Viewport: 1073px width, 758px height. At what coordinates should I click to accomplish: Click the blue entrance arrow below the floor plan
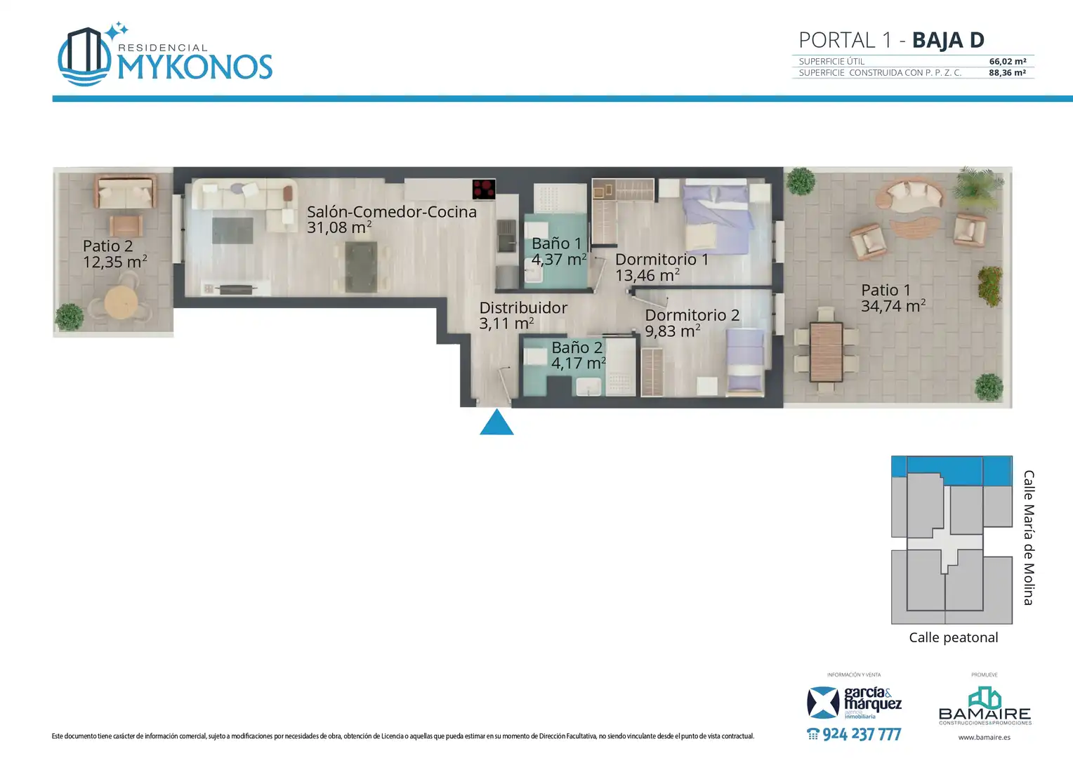click(496, 422)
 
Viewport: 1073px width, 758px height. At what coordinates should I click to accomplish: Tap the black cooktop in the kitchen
click(484, 189)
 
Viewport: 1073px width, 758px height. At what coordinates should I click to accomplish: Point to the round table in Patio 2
click(121, 302)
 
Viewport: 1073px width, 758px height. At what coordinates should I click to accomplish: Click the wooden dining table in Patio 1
click(827, 352)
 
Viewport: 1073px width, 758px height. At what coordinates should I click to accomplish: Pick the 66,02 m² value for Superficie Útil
click(1008, 61)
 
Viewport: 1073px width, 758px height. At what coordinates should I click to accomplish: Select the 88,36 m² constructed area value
click(1008, 73)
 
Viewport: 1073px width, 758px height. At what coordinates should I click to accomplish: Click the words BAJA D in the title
click(948, 40)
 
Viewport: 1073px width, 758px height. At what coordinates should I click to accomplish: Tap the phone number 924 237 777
click(854, 734)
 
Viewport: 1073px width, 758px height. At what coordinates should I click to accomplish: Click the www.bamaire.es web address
click(985, 738)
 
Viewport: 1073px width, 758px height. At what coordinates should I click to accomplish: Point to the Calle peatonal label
click(953, 637)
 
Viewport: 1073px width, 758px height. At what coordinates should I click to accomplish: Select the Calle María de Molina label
click(1029, 538)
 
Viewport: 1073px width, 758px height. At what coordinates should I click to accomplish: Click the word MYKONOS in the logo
click(195, 67)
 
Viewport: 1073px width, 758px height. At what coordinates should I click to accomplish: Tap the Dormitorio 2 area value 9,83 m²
click(673, 331)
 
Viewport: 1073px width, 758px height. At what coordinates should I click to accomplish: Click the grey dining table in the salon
click(361, 266)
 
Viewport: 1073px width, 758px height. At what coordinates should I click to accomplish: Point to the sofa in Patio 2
click(126, 192)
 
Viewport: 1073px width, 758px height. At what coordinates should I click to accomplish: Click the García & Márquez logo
click(854, 703)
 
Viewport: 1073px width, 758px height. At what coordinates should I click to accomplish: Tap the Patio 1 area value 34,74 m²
click(893, 306)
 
